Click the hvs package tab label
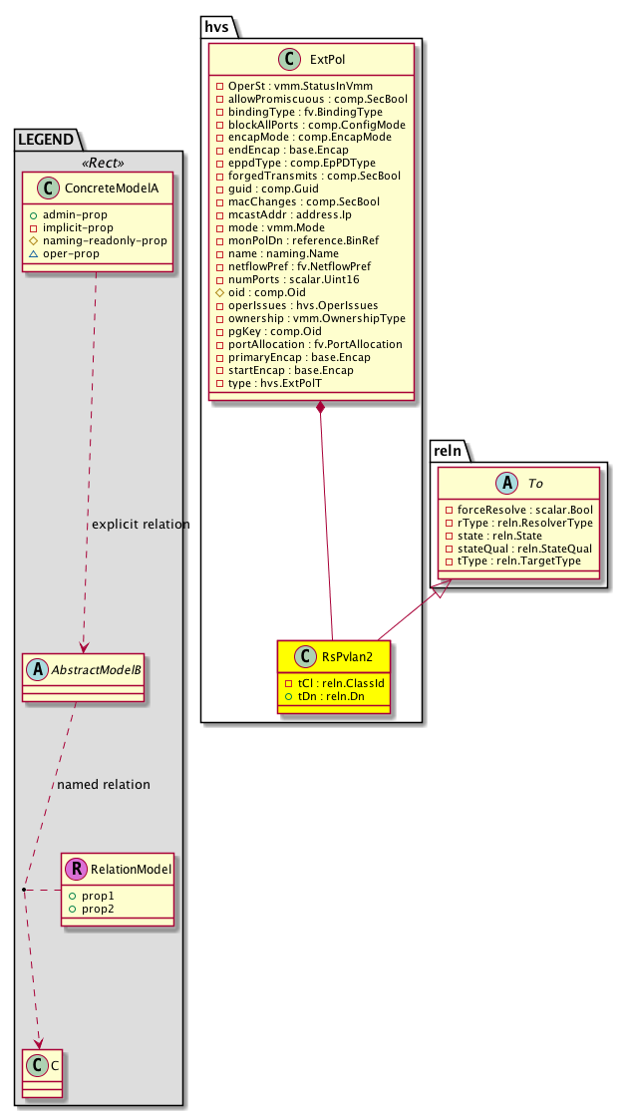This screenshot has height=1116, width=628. (x=217, y=27)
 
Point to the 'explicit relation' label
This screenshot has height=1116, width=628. (x=141, y=525)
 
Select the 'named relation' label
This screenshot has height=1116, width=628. (x=104, y=784)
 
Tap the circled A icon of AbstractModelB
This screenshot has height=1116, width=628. (x=37, y=670)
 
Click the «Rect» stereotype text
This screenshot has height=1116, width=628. (x=97, y=164)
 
